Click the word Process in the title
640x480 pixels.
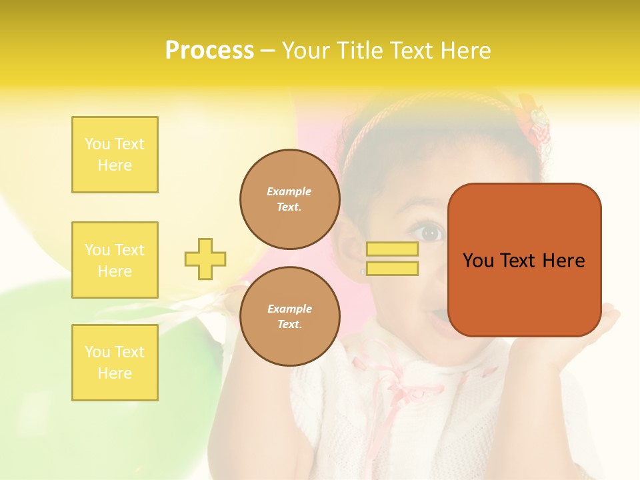click(209, 51)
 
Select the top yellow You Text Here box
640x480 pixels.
click(115, 155)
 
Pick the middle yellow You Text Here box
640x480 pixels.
click(115, 260)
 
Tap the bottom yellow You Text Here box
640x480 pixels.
click(115, 363)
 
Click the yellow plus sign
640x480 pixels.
click(205, 259)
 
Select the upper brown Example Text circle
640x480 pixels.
click(289, 199)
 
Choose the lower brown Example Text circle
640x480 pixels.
click(289, 317)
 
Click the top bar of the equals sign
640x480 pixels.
click(392, 249)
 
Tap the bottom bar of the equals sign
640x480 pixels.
click(392, 269)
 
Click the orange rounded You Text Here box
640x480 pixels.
click(524, 260)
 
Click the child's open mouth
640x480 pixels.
click(437, 315)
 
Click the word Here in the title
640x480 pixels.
click(464, 51)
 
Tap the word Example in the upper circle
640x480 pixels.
click(289, 192)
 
